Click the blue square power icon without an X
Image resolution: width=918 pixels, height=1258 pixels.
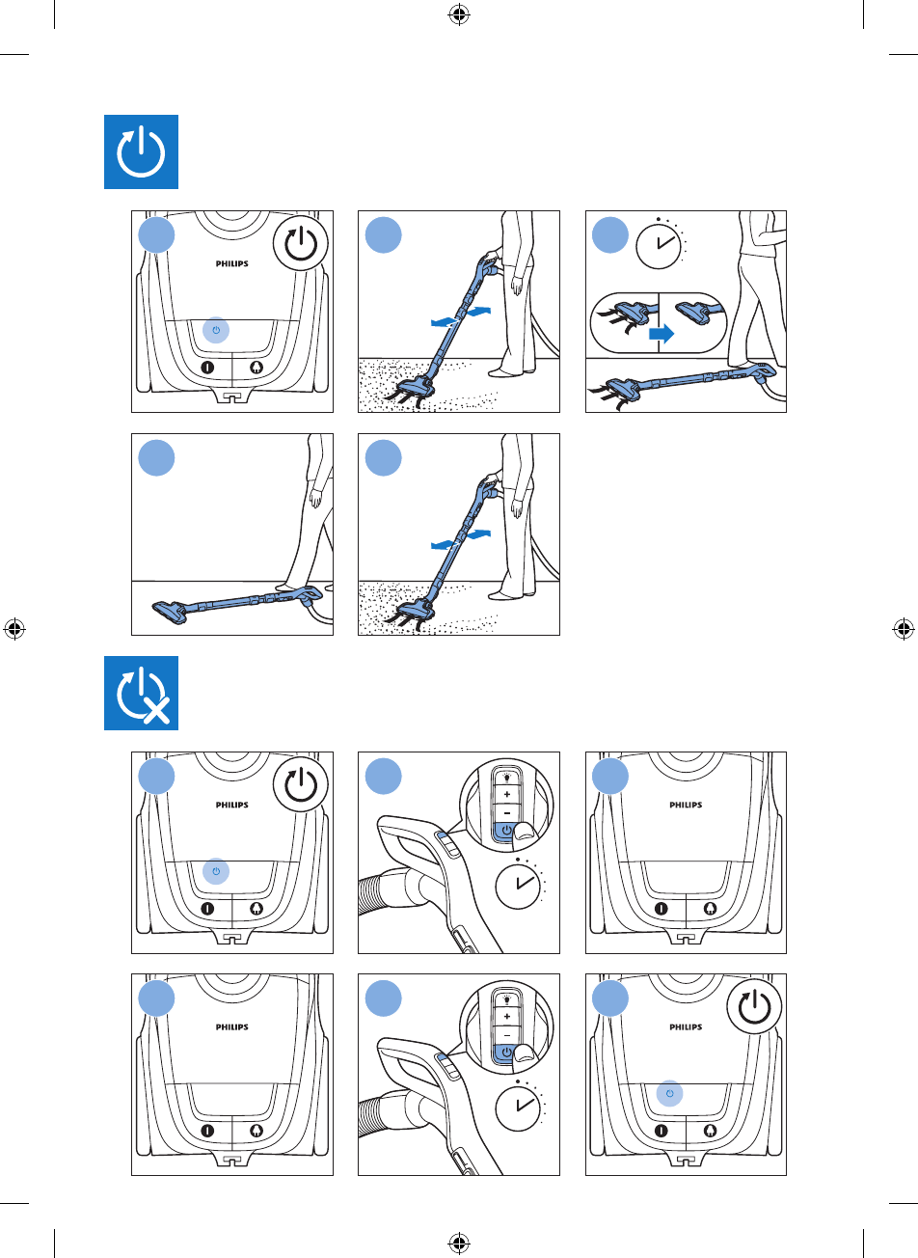point(141,152)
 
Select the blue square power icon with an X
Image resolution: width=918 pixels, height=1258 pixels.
point(141,693)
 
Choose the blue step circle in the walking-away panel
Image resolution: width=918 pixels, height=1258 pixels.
point(156,457)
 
